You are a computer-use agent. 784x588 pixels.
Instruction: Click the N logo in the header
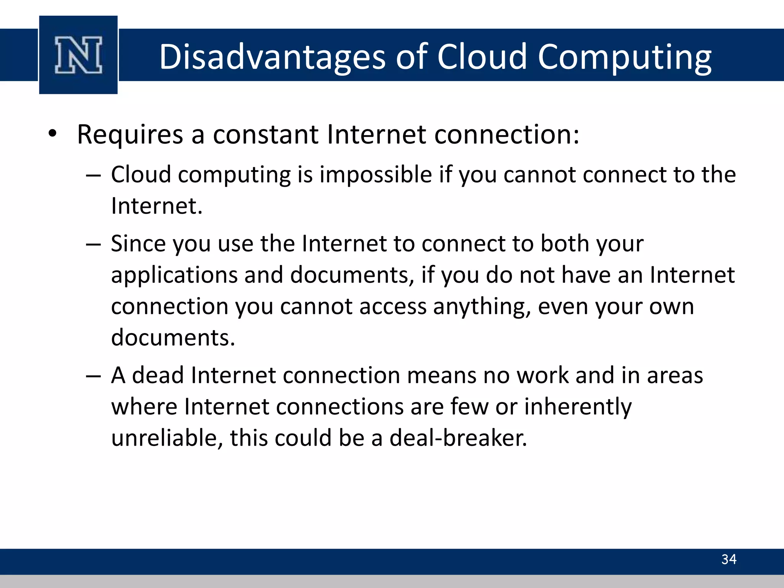point(78,55)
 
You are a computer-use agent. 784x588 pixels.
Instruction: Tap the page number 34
point(728,559)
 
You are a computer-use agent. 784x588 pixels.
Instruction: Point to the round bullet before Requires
point(52,134)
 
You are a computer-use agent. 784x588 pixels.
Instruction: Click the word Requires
point(130,135)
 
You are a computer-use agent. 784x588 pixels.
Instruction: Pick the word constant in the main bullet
point(265,135)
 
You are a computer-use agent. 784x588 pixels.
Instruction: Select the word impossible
point(376,175)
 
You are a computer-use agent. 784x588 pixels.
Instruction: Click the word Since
point(138,244)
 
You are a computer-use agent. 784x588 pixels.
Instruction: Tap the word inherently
point(578,407)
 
